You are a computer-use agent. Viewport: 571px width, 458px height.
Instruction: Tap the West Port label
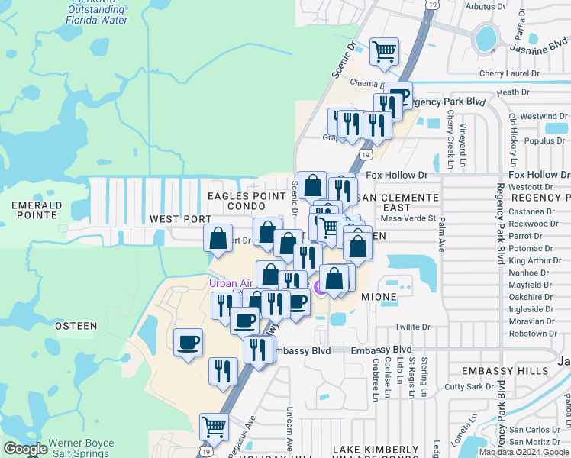pyautogui.click(x=180, y=219)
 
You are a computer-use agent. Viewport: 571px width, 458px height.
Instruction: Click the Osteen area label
pyautogui.click(x=76, y=326)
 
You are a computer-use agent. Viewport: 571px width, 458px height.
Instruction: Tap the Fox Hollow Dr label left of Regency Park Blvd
pyautogui.click(x=396, y=176)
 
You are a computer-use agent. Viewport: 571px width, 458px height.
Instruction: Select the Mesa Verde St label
pyautogui.click(x=408, y=218)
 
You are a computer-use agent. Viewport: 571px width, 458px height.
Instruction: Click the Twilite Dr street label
pyautogui.click(x=412, y=327)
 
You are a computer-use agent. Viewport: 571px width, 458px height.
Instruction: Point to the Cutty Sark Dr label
pyautogui.click(x=470, y=387)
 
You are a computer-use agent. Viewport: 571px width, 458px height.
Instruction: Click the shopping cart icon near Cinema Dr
pyautogui.click(x=385, y=52)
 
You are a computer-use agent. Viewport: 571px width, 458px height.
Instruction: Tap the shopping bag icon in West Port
pyautogui.click(x=218, y=237)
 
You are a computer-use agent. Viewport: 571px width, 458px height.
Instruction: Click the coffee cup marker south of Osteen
pyautogui.click(x=189, y=342)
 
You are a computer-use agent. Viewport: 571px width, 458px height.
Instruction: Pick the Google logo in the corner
pyautogui.click(x=25, y=449)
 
